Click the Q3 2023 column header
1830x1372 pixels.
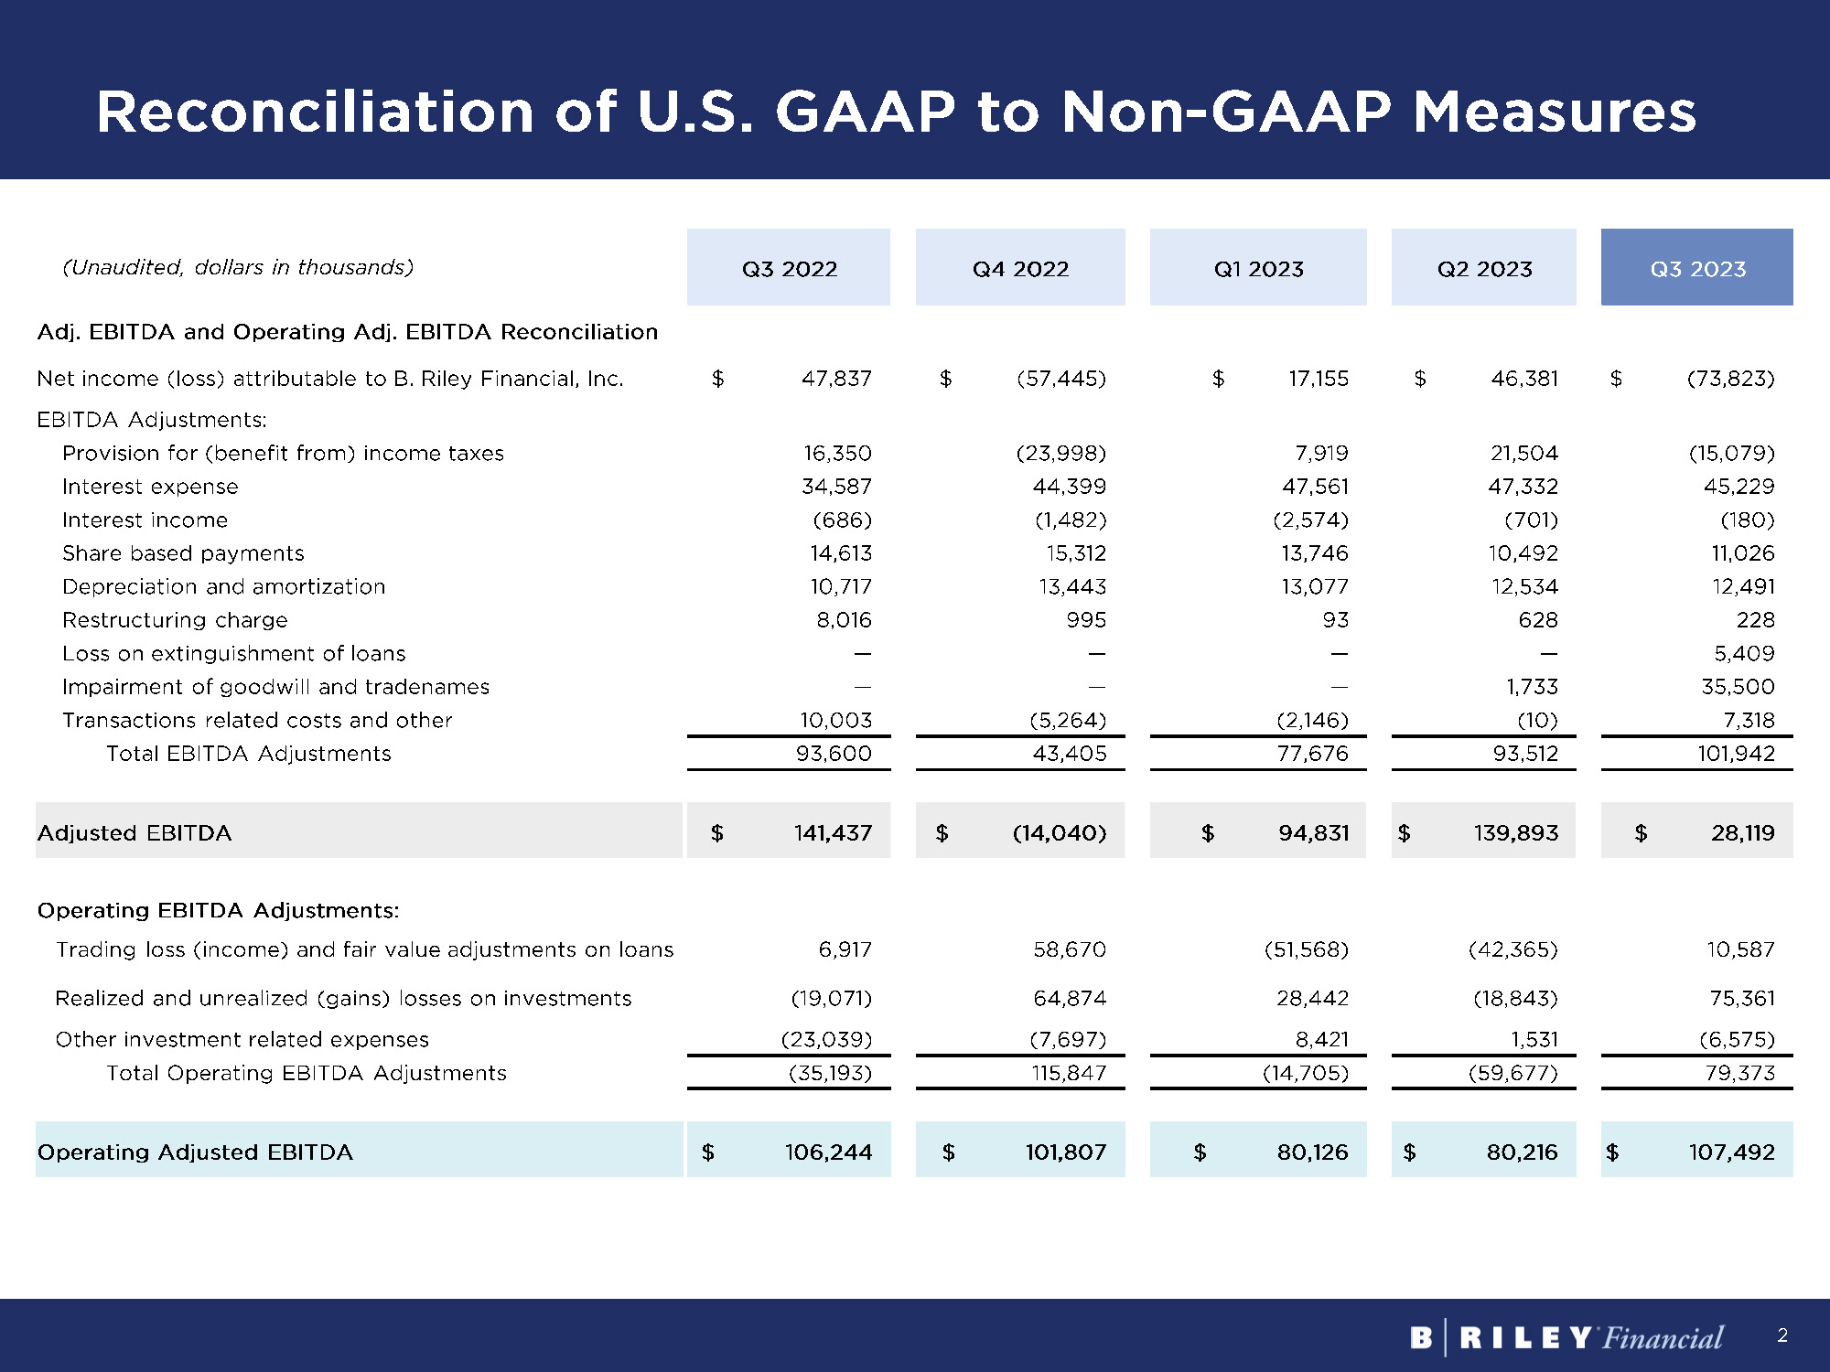[x=1697, y=268]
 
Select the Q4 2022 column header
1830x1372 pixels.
[x=1020, y=268]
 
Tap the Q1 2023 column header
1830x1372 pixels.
[x=1258, y=268]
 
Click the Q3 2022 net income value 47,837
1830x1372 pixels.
[x=836, y=378]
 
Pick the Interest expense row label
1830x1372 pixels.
[x=150, y=487]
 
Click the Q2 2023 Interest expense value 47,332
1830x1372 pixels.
[x=1523, y=487]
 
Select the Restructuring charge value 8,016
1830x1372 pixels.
[x=844, y=620]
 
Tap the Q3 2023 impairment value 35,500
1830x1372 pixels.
[x=1738, y=687]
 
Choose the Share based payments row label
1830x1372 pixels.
[x=183, y=553]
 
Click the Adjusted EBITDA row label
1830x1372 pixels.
[x=135, y=833]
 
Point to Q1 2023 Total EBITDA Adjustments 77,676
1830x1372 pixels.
[x=1313, y=754]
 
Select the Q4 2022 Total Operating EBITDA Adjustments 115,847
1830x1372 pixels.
[x=1069, y=1073]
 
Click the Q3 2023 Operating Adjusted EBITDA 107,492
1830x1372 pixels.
[x=1731, y=1152]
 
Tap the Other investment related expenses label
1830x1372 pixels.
[x=242, y=1039]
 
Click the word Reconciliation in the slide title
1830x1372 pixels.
[x=315, y=112]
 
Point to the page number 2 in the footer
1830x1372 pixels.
[x=1782, y=1335]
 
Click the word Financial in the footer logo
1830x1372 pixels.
[x=1663, y=1338]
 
